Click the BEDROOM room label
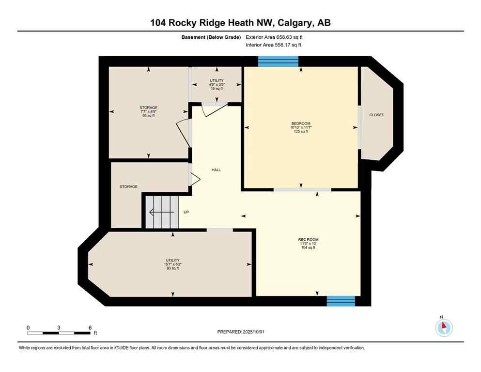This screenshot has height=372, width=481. pyautogui.click(x=301, y=127)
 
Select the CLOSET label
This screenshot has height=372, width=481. pyautogui.click(x=376, y=115)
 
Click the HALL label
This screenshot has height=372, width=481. pyautogui.click(x=216, y=170)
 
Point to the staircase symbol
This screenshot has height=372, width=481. pyautogui.click(x=161, y=212)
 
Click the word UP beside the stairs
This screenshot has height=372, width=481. pyautogui.click(x=186, y=212)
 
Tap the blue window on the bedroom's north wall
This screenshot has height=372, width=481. pyautogui.click(x=278, y=61)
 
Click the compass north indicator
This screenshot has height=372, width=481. pyautogui.click(x=444, y=327)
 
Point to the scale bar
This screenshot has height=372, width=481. pyautogui.click(x=59, y=333)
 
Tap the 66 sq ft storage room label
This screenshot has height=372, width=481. pyautogui.click(x=148, y=111)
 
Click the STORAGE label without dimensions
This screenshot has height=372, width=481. pyautogui.click(x=129, y=186)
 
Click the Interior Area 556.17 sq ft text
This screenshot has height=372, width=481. pyautogui.click(x=274, y=45)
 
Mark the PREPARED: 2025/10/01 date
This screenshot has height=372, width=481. pyautogui.click(x=241, y=332)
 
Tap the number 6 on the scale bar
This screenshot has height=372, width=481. pyautogui.click(x=90, y=327)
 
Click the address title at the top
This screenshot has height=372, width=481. pyautogui.click(x=240, y=22)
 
